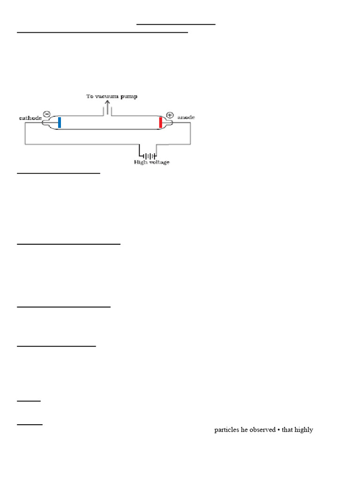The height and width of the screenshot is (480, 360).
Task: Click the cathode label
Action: (x=29, y=118)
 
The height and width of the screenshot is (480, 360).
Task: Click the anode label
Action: (x=186, y=118)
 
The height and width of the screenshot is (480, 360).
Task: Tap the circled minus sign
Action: (x=47, y=113)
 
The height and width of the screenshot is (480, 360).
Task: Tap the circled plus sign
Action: (x=169, y=115)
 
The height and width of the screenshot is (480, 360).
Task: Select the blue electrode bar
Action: (x=60, y=122)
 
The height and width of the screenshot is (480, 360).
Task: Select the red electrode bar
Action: (x=160, y=123)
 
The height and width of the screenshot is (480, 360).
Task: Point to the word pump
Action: (x=131, y=97)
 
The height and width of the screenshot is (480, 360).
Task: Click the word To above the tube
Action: (x=90, y=97)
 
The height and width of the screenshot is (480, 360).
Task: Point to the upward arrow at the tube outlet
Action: (x=107, y=107)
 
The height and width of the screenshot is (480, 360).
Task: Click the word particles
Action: (x=226, y=429)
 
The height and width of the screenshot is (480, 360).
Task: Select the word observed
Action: (x=262, y=429)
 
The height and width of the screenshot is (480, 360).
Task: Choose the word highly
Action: (x=304, y=429)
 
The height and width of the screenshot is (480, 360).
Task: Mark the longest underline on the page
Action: (x=102, y=32)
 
